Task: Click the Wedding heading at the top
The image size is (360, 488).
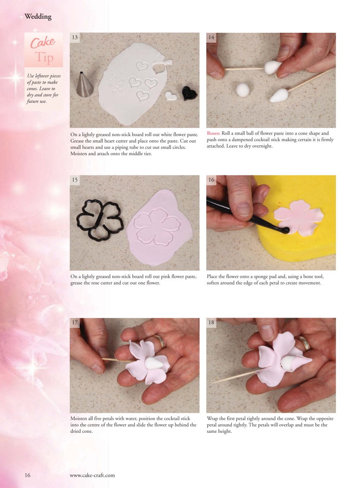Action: click(x=38, y=17)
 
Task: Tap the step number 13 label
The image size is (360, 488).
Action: click(x=75, y=37)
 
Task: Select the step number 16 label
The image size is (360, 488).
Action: click(x=211, y=180)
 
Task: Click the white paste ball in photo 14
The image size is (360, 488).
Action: click(x=242, y=90)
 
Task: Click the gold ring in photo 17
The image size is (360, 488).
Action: click(x=161, y=341)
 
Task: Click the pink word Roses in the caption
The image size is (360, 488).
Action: click(x=213, y=133)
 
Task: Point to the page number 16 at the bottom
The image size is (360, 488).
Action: click(x=27, y=475)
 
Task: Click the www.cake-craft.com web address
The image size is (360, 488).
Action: click(x=92, y=475)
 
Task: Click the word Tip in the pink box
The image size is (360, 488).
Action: click(x=44, y=58)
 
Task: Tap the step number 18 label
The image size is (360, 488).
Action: click(x=211, y=323)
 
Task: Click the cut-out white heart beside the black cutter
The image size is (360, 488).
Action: click(x=171, y=95)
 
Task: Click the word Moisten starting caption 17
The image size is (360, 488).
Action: click(x=79, y=419)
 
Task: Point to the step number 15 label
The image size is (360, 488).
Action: click(x=75, y=180)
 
